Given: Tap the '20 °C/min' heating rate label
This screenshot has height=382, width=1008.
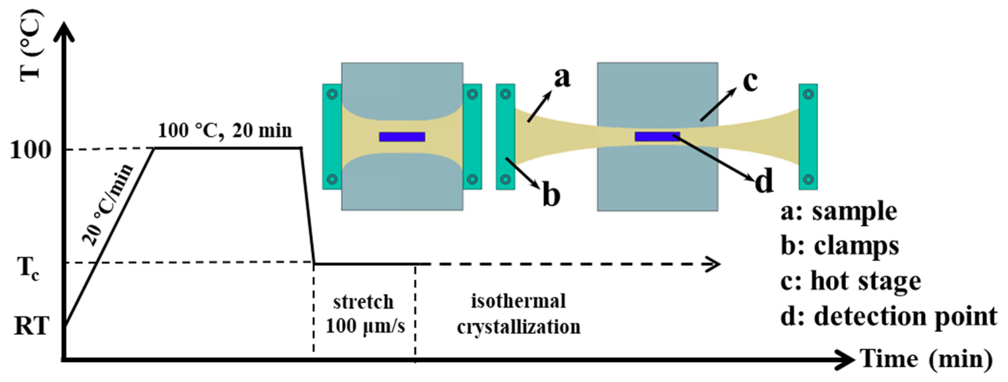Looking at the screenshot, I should pos(108,205).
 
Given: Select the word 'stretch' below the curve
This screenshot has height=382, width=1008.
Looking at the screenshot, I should pos(363,302).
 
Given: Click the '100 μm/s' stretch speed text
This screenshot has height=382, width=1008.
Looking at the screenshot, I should pos(365,326).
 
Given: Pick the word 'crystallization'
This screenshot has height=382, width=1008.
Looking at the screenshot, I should pos(519,327).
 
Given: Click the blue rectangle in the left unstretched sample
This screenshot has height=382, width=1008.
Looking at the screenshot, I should pos(402,137).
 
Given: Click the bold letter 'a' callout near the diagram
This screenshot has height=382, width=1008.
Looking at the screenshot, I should pos(562,77).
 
